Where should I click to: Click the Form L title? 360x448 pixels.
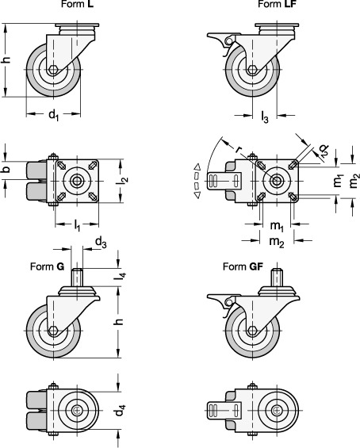(78, 4)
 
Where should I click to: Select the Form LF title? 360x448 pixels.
(277, 4)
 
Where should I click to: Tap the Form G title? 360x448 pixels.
(47, 266)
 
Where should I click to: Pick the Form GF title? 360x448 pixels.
(243, 266)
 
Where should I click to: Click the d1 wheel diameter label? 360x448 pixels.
(54, 115)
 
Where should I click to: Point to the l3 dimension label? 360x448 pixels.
(265, 117)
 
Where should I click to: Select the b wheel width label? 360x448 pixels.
(6, 169)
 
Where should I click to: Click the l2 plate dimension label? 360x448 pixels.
(123, 180)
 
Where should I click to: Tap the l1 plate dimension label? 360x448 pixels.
(77, 225)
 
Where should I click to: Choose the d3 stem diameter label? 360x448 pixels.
(101, 243)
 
